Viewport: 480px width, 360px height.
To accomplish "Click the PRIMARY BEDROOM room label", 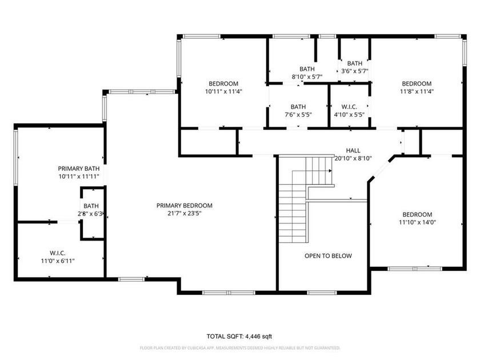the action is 184,205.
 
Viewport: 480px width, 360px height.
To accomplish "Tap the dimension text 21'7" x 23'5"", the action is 184,213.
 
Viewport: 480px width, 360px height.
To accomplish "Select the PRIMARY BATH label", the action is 79,169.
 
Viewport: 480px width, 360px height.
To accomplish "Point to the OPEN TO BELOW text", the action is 328,256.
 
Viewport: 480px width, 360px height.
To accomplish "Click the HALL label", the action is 353,151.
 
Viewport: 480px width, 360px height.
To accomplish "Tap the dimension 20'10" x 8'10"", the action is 353,158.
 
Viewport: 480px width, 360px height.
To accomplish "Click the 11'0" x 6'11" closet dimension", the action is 58,261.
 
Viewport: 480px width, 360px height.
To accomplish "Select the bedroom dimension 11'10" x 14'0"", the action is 417,222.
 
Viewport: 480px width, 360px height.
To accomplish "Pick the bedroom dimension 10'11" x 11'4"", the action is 223,91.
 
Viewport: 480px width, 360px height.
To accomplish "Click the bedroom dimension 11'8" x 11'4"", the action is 417,91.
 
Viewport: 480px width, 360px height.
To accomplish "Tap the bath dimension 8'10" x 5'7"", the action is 307,77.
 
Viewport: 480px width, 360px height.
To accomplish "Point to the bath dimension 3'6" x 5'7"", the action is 355,71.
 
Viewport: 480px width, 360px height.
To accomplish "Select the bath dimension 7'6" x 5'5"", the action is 298,115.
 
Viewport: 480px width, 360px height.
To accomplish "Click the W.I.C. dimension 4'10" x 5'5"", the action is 349,115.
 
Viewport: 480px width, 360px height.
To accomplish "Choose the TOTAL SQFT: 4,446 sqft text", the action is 239,337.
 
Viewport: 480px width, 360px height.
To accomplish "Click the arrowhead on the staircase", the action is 330,171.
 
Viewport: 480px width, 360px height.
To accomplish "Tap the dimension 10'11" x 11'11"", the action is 79,177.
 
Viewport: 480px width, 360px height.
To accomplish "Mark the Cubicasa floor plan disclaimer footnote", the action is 240,348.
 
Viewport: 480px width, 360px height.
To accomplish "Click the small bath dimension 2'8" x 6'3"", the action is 91,214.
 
